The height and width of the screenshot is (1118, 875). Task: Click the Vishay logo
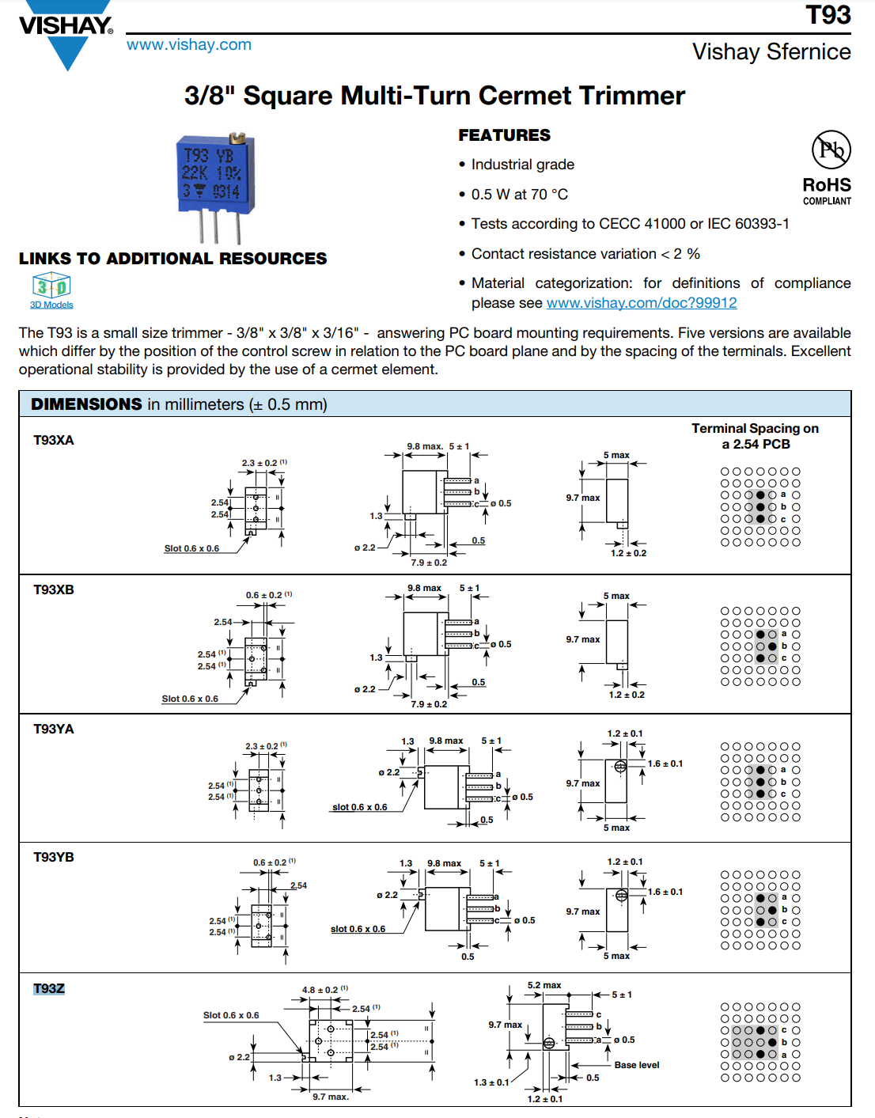point(66,33)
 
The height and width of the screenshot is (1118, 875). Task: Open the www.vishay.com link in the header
point(189,45)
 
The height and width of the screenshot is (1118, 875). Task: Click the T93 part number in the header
point(828,14)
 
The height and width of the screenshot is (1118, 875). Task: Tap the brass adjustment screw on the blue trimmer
point(237,138)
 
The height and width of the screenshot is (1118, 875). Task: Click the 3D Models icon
point(51,290)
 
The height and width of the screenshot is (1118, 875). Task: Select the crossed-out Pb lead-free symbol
point(831,150)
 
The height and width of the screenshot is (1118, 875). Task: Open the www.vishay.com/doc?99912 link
point(642,302)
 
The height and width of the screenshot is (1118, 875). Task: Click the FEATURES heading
point(504,135)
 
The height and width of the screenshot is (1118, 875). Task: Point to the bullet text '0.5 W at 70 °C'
point(520,195)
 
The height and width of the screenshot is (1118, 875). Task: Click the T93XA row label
point(54,441)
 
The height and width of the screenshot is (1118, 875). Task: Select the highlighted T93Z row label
point(49,989)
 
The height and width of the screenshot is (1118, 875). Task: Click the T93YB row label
point(54,857)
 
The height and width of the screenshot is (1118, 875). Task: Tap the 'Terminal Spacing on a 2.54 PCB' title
point(756,436)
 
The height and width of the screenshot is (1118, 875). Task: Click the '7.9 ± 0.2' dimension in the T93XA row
point(429,563)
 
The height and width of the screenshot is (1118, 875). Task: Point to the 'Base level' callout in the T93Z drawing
point(637,1065)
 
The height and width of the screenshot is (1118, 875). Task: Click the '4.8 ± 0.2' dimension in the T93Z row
point(320,990)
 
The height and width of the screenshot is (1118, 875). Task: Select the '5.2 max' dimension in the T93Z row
point(544,985)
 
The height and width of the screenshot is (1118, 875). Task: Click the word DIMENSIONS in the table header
point(86,404)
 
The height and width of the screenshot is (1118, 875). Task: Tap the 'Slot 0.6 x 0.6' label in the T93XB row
point(190,699)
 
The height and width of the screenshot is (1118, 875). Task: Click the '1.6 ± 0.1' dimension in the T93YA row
point(665,764)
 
